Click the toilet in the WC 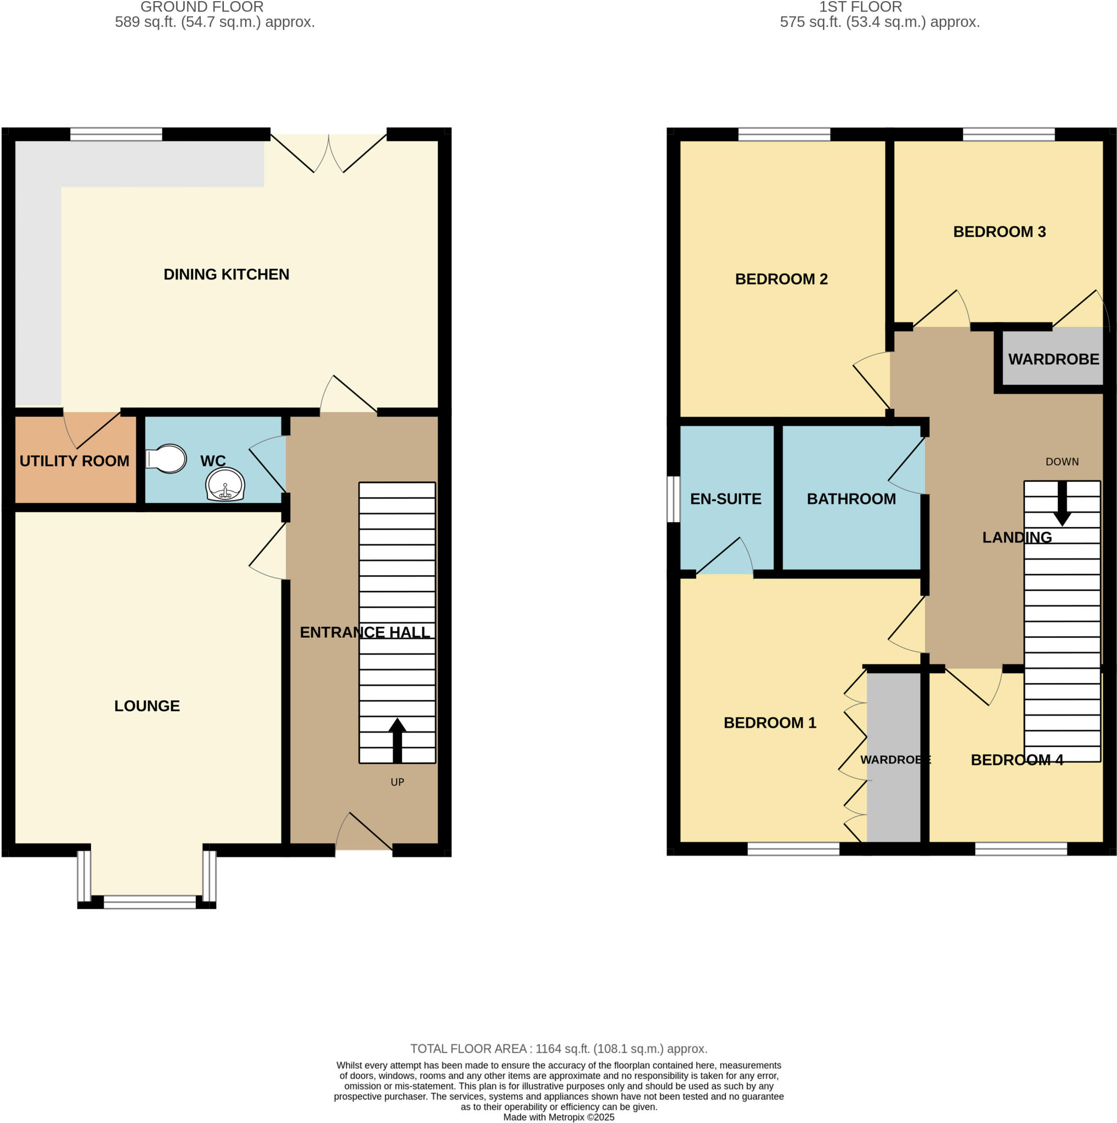pos(167,459)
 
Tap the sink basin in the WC pos(225,484)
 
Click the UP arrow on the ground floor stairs pos(397,740)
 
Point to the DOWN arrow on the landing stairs pos(1062,504)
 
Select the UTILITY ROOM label pos(75,461)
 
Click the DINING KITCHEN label pos(226,274)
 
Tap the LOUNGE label pos(147,706)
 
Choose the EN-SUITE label pos(726,499)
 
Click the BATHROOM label pos(851,499)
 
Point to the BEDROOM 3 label pos(999,232)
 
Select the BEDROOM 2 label pos(781,279)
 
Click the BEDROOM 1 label pos(769,723)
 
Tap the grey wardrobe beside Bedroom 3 pos(1053,359)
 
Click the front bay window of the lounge pos(149,901)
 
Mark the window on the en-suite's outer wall pos(673,499)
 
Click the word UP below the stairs pos(397,782)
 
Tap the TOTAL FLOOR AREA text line pos(558,1048)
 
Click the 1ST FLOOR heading pos(860,7)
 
